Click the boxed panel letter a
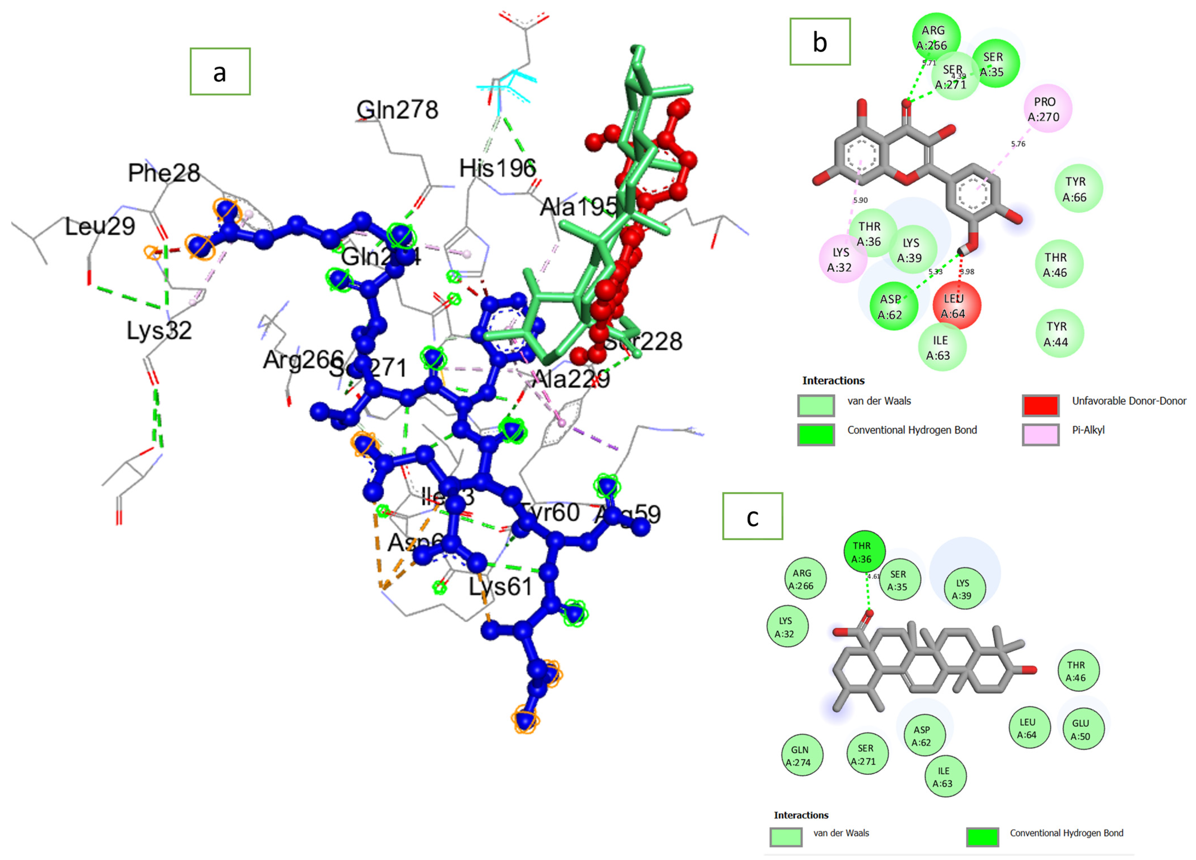click(x=220, y=72)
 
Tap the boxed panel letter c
click(x=753, y=516)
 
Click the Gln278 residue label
click(x=397, y=110)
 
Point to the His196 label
click(x=497, y=168)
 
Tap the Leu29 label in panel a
click(x=100, y=226)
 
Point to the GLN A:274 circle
click(x=799, y=755)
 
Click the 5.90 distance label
click(x=860, y=200)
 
